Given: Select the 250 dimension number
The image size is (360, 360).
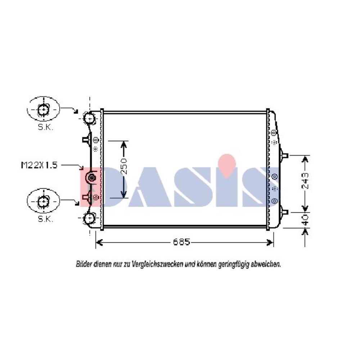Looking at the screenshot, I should point(123,166).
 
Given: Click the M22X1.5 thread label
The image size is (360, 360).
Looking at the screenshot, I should point(39,165).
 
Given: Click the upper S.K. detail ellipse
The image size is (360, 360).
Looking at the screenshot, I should point(44,108).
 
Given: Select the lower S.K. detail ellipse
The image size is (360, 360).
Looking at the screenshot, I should point(43,202).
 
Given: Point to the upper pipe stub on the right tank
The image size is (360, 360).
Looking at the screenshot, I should point(285,156).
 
